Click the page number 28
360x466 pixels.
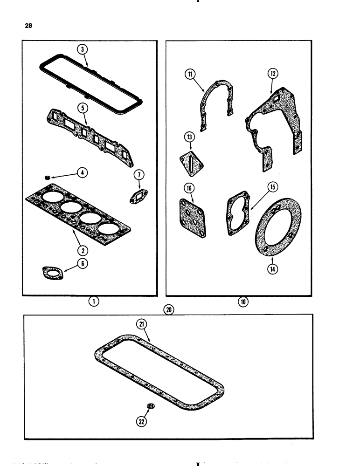(28, 26)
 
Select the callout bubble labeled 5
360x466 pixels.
(82, 107)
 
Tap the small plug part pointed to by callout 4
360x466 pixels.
(48, 178)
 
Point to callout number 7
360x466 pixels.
(139, 175)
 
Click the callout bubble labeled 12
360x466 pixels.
(273, 73)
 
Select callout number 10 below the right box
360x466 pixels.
(242, 302)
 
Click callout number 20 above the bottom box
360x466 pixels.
(168, 309)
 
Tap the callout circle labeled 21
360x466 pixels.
(141, 324)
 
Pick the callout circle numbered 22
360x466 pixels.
(141, 421)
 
